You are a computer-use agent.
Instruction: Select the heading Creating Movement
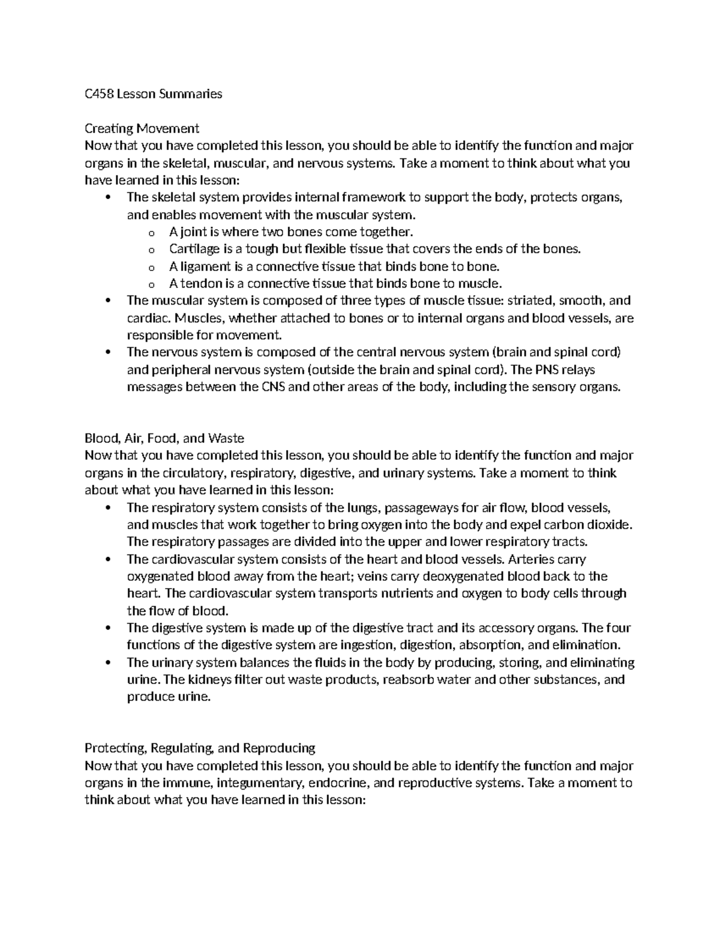point(142,128)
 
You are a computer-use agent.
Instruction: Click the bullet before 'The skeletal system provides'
point(108,197)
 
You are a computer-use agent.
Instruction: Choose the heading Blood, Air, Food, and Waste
point(164,438)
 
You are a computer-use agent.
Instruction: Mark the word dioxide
point(610,525)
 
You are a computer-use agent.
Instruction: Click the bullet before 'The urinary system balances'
point(108,663)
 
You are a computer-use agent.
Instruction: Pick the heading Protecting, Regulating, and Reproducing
point(200,748)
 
